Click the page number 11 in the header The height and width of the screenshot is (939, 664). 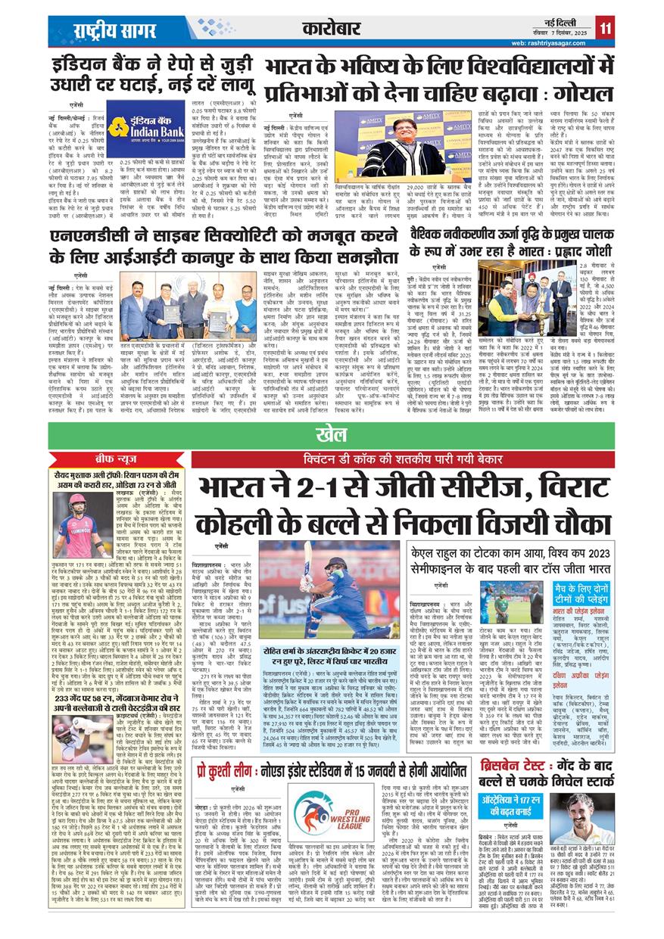(605, 28)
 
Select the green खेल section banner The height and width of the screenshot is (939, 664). (332, 434)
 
